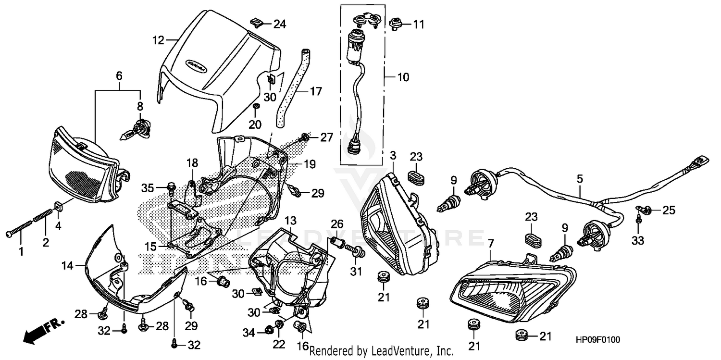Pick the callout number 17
coord(316,91)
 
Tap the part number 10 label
coord(403,77)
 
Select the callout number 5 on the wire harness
coord(580,179)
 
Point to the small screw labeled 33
coord(638,220)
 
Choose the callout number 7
coord(490,244)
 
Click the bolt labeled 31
coord(359,251)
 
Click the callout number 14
coord(67,265)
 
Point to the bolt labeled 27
coord(306,138)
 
